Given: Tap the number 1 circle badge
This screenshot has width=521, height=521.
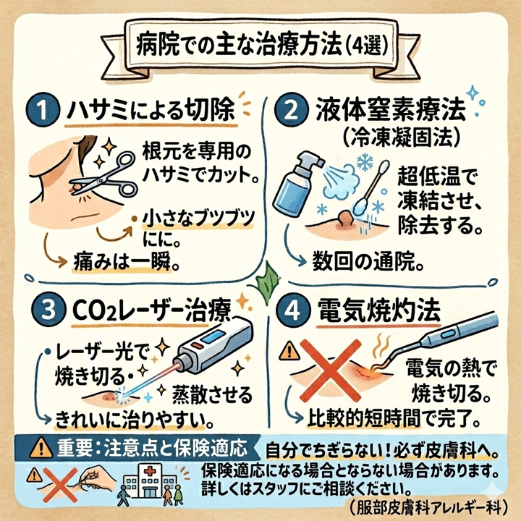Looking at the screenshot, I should click(41, 113).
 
